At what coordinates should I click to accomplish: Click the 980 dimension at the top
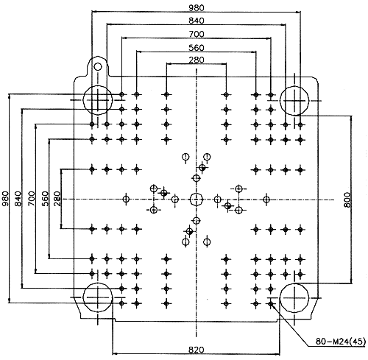(197, 8)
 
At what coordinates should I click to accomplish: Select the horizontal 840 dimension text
(197, 21)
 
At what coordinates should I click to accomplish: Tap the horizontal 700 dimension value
(197, 34)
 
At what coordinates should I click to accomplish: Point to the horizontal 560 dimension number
(197, 47)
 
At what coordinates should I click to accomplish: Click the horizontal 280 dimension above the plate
(197, 60)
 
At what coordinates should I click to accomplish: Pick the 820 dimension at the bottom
(197, 350)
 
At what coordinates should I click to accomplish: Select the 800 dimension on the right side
(347, 200)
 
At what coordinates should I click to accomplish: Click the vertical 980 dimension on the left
(5, 199)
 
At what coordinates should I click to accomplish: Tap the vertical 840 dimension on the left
(18, 199)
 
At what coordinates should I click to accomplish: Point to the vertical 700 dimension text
(32, 199)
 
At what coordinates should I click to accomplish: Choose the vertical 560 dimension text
(45, 199)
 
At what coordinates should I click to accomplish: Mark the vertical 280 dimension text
(57, 199)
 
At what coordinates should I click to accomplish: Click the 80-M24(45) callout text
(341, 342)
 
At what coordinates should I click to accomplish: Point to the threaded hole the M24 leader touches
(271, 304)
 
